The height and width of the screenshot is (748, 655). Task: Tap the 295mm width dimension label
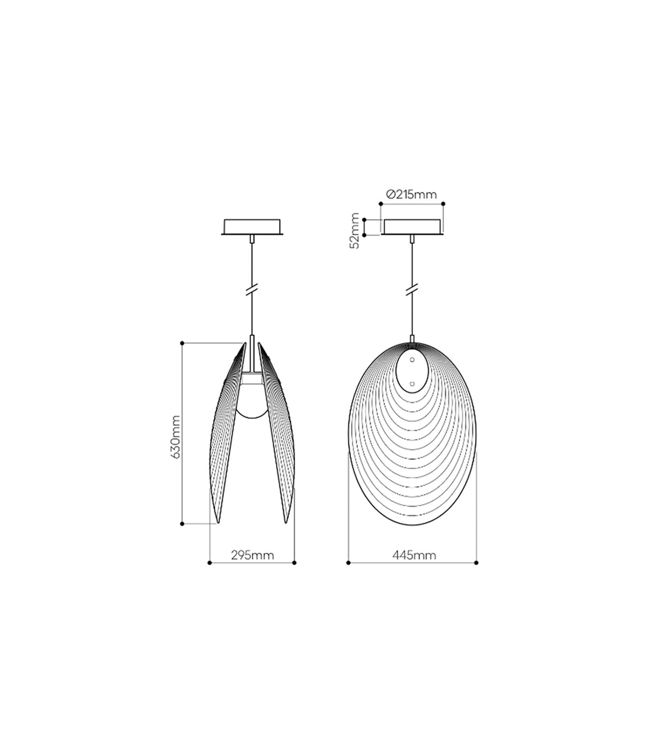click(252, 555)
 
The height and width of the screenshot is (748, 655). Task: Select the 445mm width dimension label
click(414, 555)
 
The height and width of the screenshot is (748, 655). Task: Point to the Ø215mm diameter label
click(411, 194)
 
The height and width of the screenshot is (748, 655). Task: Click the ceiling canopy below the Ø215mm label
click(412, 226)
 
